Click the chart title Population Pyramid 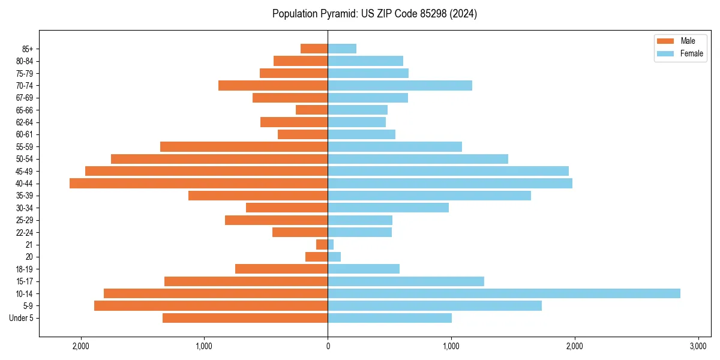(374, 14)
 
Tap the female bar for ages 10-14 (504, 293)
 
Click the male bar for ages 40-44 (199, 183)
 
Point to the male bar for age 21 (322, 245)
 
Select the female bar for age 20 (334, 257)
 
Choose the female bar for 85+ (342, 49)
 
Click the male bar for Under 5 (245, 318)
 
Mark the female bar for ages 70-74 (400, 85)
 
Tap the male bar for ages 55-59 (244, 146)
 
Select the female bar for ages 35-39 (429, 196)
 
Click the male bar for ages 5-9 (211, 306)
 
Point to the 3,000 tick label (698, 346)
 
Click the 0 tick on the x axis (328, 346)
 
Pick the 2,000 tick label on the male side (80, 346)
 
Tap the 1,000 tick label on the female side (451, 346)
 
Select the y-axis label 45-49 (25, 171)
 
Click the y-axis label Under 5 (22, 318)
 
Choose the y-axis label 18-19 (25, 269)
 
